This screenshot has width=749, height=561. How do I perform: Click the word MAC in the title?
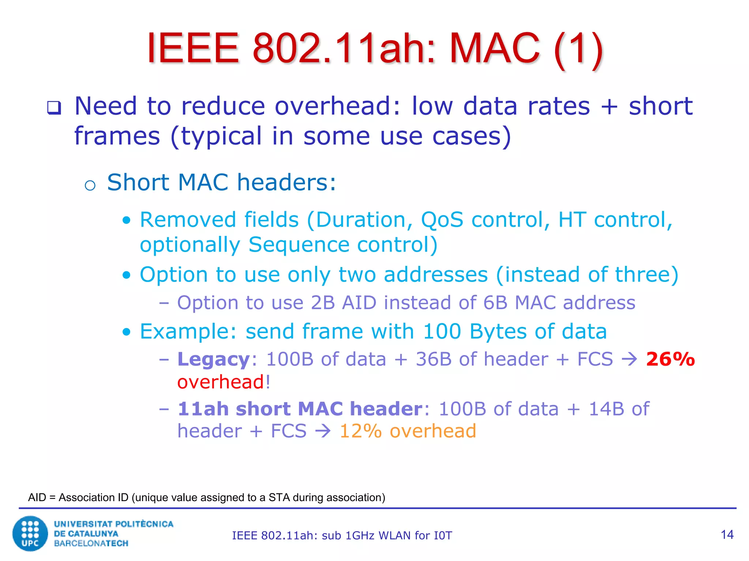[x=494, y=48]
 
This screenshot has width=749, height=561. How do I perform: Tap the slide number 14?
[x=727, y=535]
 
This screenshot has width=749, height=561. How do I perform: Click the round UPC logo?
[x=30, y=533]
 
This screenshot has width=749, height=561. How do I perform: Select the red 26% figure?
[x=670, y=359]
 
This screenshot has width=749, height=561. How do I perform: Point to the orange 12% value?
[x=360, y=431]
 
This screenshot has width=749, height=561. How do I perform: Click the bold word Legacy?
[x=214, y=359]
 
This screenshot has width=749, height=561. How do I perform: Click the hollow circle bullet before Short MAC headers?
[x=90, y=186]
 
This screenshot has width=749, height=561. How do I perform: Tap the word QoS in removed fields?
[x=442, y=220]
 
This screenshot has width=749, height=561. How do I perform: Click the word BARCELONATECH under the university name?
[x=91, y=543]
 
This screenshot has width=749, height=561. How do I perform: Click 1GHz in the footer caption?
[x=360, y=536]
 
